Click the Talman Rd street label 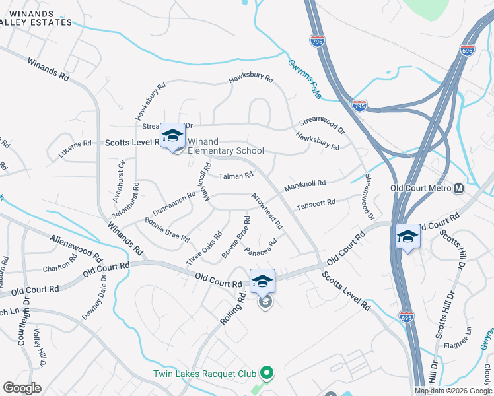pos(236,176)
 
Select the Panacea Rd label pos(260,249)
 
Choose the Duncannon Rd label pos(173,203)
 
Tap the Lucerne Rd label pos(75,143)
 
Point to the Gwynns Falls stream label pos(304,79)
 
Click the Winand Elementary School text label pos(225,146)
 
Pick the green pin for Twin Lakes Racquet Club pos(266,374)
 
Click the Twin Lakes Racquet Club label pos(204,374)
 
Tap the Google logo pos(22,388)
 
